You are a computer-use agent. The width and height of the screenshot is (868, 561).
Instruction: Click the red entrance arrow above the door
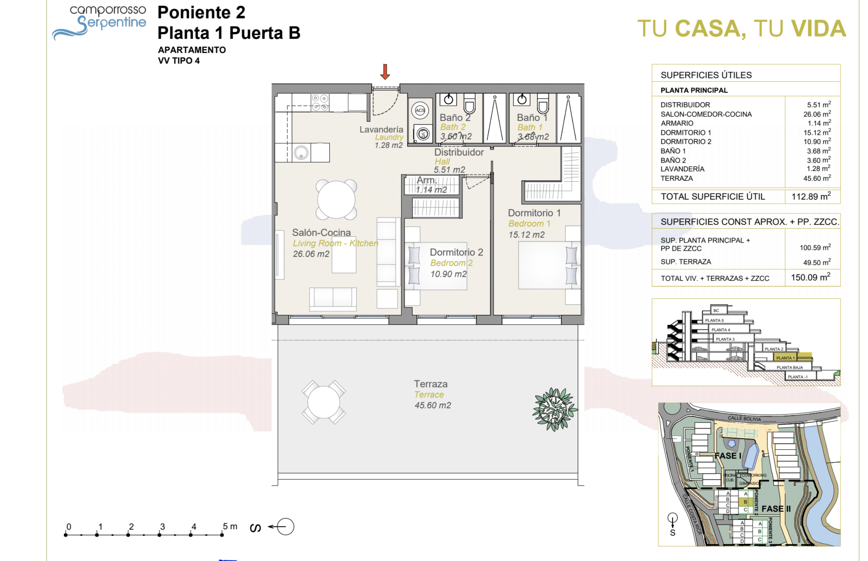(385, 72)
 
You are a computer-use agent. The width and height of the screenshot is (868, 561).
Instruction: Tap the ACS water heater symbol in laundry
(420, 110)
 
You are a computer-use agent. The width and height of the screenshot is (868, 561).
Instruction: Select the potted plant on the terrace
(555, 409)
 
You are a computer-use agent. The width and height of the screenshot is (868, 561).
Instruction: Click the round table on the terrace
(323, 402)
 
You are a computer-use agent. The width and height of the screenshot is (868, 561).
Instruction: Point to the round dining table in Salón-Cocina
(336, 200)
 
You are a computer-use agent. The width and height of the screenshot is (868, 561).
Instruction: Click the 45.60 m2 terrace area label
(433, 405)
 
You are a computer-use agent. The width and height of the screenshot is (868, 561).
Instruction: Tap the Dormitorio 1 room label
(534, 213)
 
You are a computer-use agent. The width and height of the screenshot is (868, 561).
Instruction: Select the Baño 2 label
(455, 118)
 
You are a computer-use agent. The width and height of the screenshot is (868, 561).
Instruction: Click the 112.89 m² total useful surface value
(811, 197)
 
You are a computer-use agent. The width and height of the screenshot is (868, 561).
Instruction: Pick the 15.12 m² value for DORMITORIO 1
(817, 133)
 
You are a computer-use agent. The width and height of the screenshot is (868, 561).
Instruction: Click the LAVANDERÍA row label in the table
(682, 169)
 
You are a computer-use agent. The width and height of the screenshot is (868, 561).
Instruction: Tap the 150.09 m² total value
(810, 277)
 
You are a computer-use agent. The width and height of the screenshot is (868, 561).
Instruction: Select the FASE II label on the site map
(776, 509)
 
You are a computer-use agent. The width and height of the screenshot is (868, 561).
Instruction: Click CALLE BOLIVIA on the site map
(744, 418)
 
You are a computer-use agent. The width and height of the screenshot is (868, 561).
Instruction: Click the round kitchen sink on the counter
(301, 153)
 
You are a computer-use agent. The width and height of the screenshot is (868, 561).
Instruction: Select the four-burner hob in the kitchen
(320, 103)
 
